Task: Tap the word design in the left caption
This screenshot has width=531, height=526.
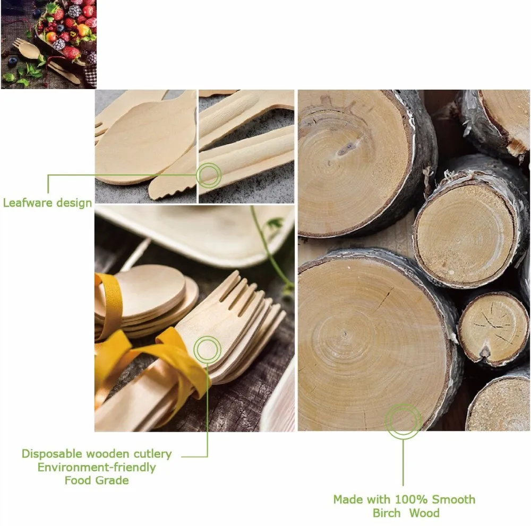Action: (x=74, y=203)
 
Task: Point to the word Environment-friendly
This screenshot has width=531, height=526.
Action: (x=97, y=467)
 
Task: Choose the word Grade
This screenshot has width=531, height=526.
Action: (x=112, y=480)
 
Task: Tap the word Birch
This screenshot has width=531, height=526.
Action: (x=387, y=513)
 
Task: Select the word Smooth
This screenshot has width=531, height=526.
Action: (x=454, y=499)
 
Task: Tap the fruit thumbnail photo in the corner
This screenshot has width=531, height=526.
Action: (x=49, y=45)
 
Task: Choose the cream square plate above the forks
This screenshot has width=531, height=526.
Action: (x=200, y=233)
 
